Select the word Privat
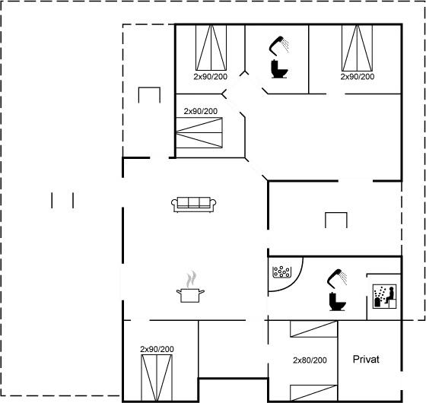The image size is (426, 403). [365, 359]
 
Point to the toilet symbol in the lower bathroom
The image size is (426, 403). [335, 290]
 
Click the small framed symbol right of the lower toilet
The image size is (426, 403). [383, 293]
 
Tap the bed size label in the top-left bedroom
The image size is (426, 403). [210, 77]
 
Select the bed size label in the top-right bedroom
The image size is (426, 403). [357, 77]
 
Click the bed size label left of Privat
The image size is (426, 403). [310, 360]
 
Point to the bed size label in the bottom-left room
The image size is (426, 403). [157, 348]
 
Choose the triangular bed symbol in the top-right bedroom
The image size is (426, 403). [357, 49]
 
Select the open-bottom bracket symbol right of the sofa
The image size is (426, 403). [336, 220]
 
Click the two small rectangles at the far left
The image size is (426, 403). [62, 200]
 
